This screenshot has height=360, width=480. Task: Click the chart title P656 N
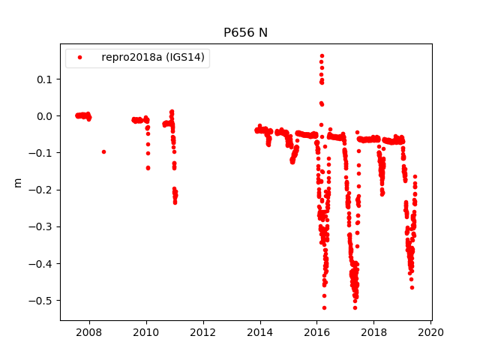(245, 33)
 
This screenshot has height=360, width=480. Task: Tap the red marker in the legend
(82, 58)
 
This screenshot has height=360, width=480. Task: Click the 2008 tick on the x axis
(89, 332)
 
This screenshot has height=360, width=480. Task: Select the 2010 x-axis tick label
(146, 332)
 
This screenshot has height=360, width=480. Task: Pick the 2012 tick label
(203, 332)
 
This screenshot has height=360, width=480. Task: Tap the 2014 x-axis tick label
(260, 332)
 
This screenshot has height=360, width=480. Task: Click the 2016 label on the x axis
(317, 332)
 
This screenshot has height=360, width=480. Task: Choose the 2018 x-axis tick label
(374, 332)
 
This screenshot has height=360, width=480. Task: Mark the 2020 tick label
(431, 332)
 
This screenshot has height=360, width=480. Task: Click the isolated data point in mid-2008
(103, 151)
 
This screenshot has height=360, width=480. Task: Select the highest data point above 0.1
(322, 55)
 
